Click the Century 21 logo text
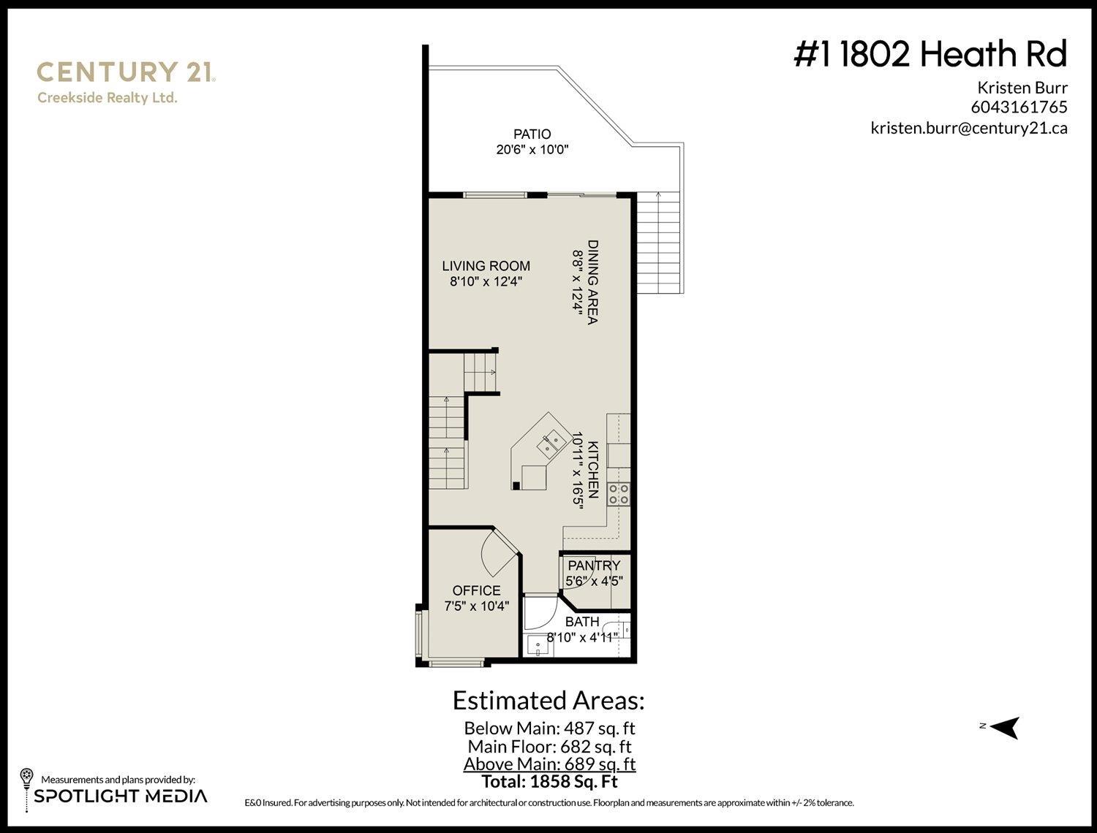[125, 72]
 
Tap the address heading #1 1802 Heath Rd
[930, 54]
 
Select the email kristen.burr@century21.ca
[968, 127]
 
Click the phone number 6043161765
[1019, 107]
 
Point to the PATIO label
[532, 134]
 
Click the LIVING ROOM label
[486, 266]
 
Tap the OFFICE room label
[476, 590]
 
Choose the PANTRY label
[594, 565]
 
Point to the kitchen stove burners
[619, 494]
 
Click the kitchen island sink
[551, 441]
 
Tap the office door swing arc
[497, 554]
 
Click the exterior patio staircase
[660, 243]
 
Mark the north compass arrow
[1005, 727]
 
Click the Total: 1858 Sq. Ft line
[549, 781]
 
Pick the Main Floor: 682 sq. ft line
[549, 746]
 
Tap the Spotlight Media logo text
[121, 796]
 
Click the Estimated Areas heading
[548, 700]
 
